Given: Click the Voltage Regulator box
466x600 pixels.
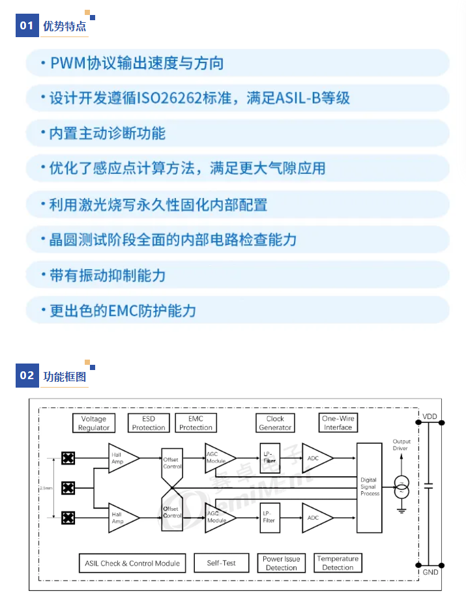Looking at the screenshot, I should point(93,423).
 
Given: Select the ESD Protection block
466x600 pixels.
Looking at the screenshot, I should point(149,423).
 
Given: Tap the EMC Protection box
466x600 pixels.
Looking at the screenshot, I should point(196,423).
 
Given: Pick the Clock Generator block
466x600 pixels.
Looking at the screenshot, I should point(275,423).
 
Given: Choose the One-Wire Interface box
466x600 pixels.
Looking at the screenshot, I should point(338,423).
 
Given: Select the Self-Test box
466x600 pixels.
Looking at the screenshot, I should point(222,563).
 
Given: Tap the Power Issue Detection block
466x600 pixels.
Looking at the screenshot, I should point(282,563).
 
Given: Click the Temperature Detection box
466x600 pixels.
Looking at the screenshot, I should point(338,563).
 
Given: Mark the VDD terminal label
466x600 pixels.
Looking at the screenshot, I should point(430,416).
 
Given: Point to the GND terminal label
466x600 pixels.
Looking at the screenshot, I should point(430,572).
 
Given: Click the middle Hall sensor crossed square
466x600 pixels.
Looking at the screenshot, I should point(67,488).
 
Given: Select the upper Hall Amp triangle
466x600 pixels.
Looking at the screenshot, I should point(122,458).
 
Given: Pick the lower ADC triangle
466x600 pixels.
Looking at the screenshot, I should point(316,517).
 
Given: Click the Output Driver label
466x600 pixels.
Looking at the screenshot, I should point(401,445).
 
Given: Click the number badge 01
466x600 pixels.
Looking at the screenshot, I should point(27,26).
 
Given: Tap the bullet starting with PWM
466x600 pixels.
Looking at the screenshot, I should point(137,63).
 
